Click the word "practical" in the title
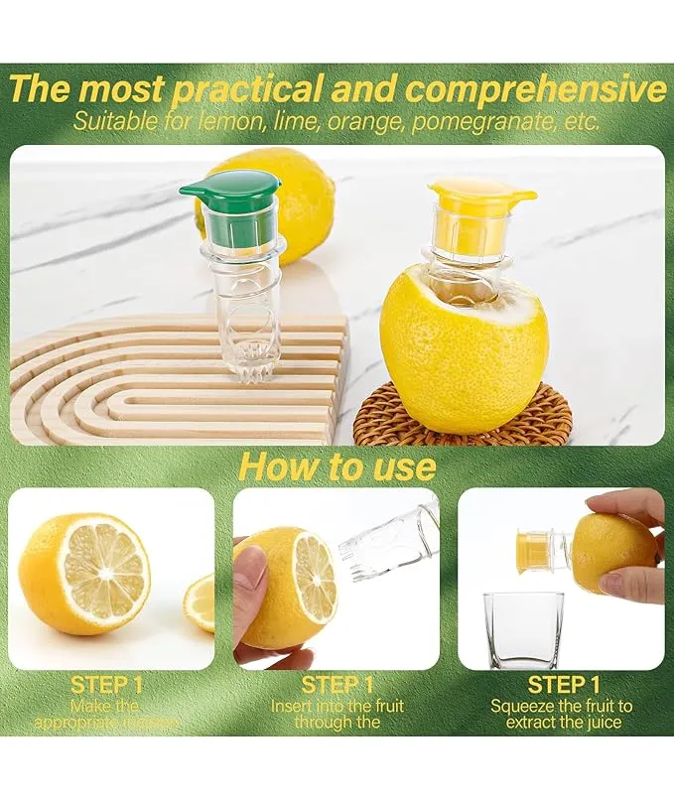pyautogui.click(x=245, y=88)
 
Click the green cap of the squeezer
pyautogui.click(x=230, y=189)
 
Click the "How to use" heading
pyautogui.click(x=337, y=466)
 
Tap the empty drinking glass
pyautogui.click(x=522, y=630)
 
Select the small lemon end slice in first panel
pyautogui.click(x=202, y=602)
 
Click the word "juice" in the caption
pyautogui.click(x=600, y=723)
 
